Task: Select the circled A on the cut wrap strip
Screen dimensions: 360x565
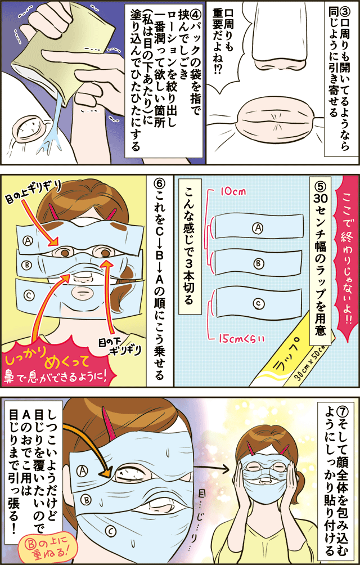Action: click(258, 227)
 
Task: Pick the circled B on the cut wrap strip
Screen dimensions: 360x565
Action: click(258, 264)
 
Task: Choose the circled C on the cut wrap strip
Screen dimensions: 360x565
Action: click(258, 304)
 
